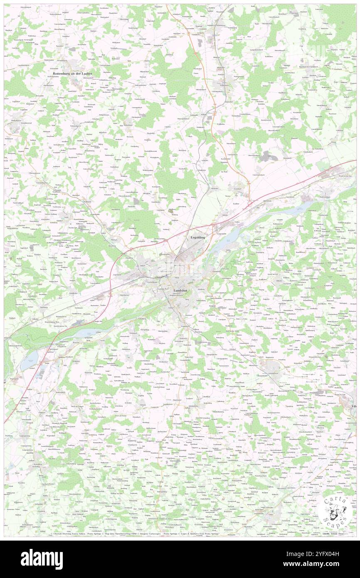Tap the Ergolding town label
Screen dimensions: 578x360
click(x=198, y=237)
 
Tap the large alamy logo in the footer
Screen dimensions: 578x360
click(x=42, y=559)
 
